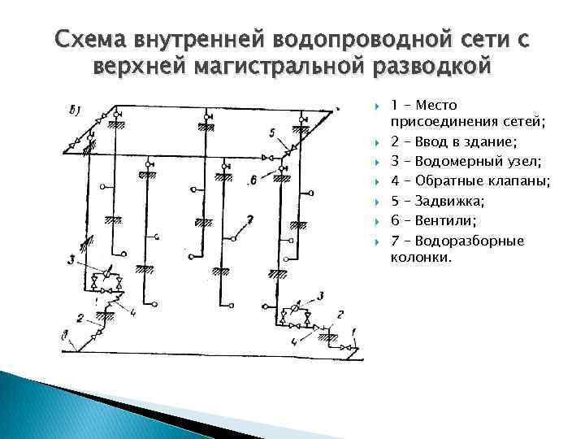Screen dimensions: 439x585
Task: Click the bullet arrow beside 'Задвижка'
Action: (x=378, y=200)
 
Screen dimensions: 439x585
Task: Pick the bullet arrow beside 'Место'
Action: (x=378, y=106)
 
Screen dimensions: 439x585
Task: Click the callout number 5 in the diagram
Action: (x=272, y=133)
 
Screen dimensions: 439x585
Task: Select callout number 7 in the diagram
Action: (x=249, y=219)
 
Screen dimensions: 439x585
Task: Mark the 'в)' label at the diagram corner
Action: (x=77, y=107)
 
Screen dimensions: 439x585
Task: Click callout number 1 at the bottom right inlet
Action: (x=355, y=332)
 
